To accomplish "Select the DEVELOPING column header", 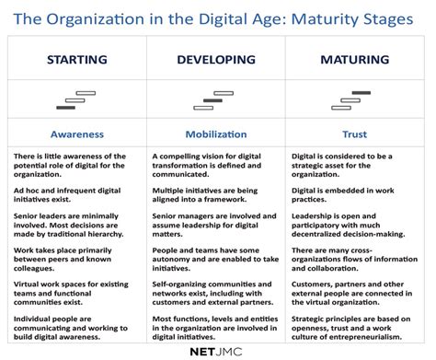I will [217, 60].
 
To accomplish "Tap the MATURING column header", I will [356, 60].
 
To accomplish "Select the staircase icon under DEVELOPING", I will [217, 97].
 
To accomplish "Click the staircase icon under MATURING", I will [356, 97].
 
